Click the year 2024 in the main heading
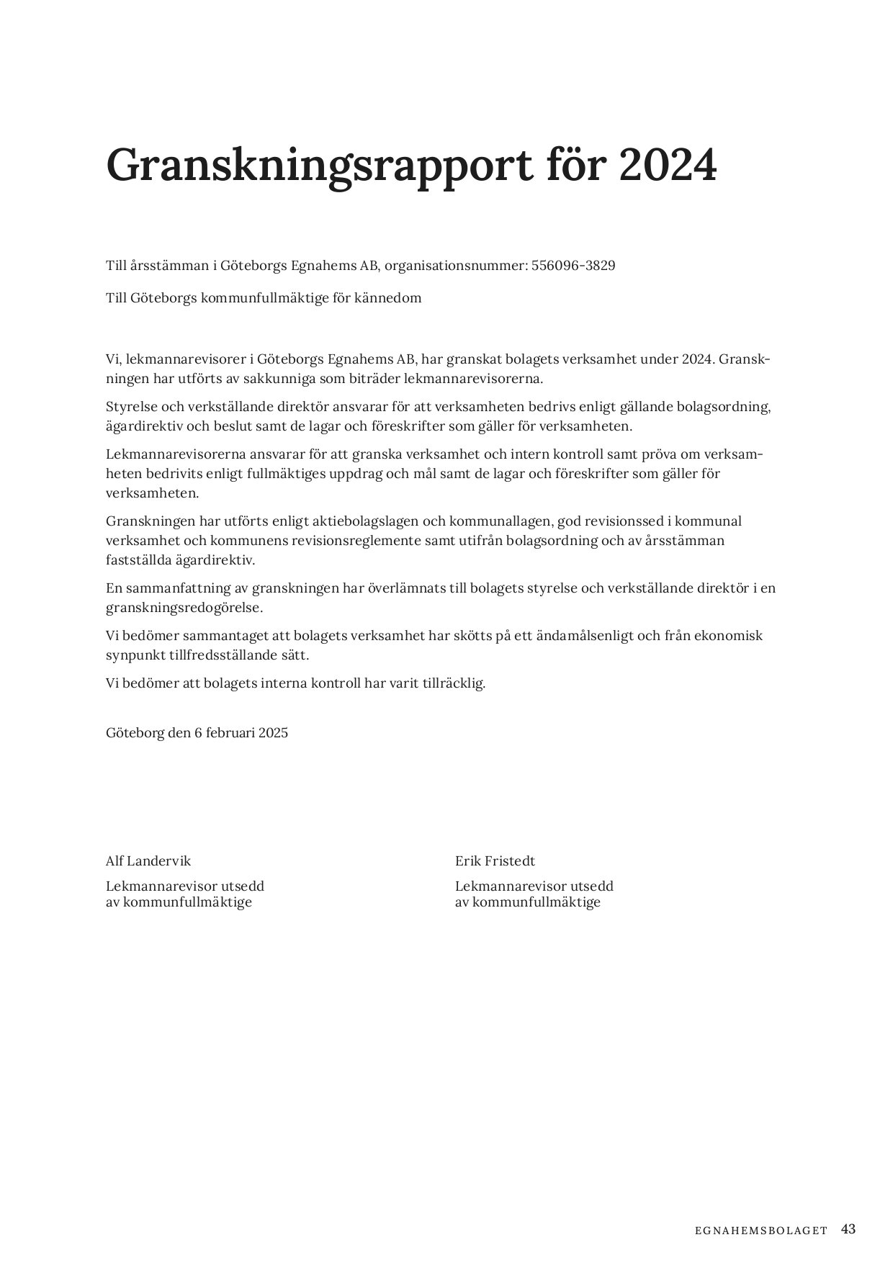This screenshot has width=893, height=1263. (667, 166)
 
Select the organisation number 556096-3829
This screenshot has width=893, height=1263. (573, 266)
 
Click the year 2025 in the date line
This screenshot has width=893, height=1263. (273, 733)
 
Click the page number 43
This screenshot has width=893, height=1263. (848, 1229)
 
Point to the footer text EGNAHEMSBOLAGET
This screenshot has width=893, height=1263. (762, 1231)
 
